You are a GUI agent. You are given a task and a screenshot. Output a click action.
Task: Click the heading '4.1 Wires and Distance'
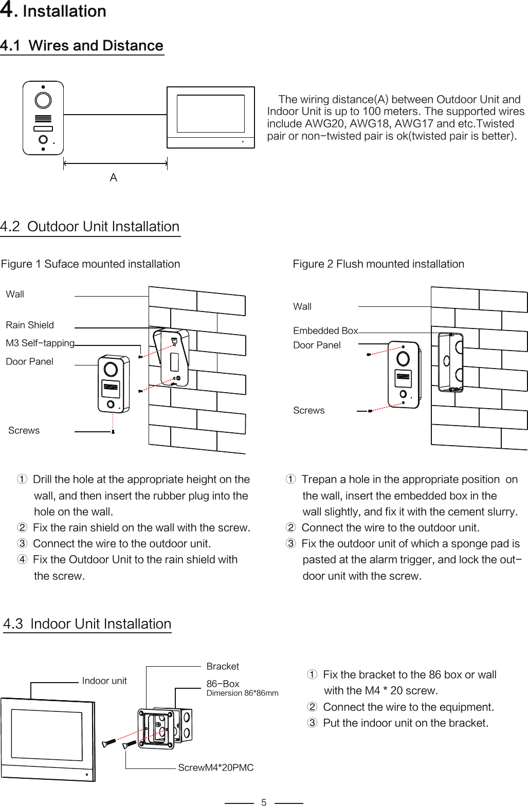click(82, 46)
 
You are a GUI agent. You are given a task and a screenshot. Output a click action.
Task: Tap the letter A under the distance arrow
click(114, 178)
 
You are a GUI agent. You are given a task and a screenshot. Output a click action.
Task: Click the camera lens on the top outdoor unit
click(43, 100)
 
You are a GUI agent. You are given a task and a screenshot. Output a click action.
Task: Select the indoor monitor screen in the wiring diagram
click(211, 114)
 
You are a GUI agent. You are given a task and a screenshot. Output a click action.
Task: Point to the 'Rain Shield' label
click(30, 325)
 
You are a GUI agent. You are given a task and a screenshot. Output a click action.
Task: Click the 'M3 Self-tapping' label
click(40, 343)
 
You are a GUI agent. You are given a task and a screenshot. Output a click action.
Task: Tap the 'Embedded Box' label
click(325, 331)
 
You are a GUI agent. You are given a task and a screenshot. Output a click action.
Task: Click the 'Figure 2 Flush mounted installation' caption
click(378, 264)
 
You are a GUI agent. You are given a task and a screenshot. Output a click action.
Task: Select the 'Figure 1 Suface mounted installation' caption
click(90, 264)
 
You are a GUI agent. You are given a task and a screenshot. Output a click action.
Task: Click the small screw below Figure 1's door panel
click(113, 432)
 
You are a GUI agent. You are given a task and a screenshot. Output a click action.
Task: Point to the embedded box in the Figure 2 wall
click(450, 362)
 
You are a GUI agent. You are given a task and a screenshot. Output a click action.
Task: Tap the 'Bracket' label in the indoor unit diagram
click(223, 666)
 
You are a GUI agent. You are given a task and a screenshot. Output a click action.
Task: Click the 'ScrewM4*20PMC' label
click(216, 767)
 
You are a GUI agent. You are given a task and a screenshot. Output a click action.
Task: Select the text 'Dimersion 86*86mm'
click(242, 693)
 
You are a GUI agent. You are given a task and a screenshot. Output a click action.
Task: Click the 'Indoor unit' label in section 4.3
click(104, 681)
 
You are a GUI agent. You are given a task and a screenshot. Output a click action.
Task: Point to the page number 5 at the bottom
click(264, 802)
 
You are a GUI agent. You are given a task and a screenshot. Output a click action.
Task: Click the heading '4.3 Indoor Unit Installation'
click(87, 624)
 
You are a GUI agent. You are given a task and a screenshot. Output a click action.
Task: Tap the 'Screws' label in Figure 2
click(308, 410)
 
